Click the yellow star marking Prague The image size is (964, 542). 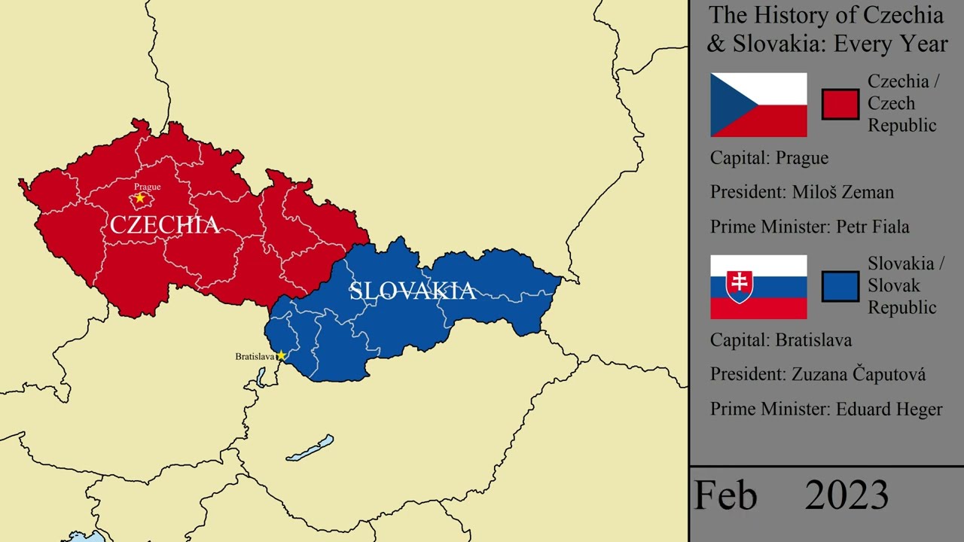(x=139, y=198)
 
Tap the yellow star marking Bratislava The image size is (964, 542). (x=281, y=355)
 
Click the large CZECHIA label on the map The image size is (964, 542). (x=165, y=224)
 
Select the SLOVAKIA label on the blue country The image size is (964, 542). (x=412, y=291)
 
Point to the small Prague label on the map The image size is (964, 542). (x=147, y=187)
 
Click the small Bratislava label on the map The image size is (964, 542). (x=255, y=356)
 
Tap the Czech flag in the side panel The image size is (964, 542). (x=758, y=105)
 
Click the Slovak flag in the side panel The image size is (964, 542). (x=758, y=287)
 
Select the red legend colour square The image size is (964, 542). (x=840, y=105)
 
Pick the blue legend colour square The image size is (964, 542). (x=840, y=287)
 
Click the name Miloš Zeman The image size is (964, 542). (x=843, y=192)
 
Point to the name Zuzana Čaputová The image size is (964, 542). (x=859, y=374)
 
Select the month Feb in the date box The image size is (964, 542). (x=726, y=496)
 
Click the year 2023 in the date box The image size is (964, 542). (x=847, y=496)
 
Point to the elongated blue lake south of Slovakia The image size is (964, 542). (x=310, y=449)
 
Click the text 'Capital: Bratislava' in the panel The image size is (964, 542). (x=781, y=340)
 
